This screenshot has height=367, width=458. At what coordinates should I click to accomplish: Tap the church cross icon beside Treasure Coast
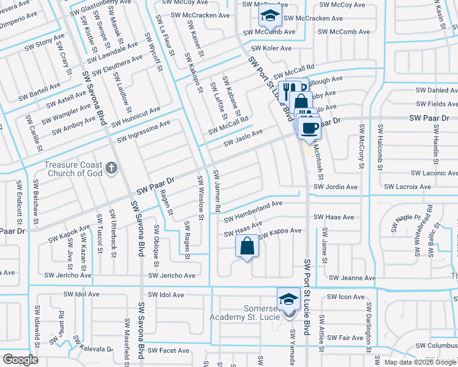pyautogui.click(x=111, y=167)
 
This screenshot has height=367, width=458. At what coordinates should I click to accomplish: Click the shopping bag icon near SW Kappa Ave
pyautogui.click(x=247, y=247)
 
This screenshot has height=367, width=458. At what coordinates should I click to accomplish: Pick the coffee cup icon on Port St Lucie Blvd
pyautogui.click(x=310, y=127)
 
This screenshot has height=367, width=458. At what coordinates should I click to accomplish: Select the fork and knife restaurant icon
pyautogui.click(x=288, y=91)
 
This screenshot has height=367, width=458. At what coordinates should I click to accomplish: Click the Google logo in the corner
pyautogui.click(x=20, y=360)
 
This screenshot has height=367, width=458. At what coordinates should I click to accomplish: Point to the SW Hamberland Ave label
pyautogui.click(x=252, y=211)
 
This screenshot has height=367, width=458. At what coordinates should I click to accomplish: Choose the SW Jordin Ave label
pyautogui.click(x=335, y=187)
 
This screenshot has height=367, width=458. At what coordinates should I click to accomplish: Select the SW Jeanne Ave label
pyautogui.click(x=351, y=278)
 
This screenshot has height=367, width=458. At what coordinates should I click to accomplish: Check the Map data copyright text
pyautogui.click(x=420, y=361)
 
